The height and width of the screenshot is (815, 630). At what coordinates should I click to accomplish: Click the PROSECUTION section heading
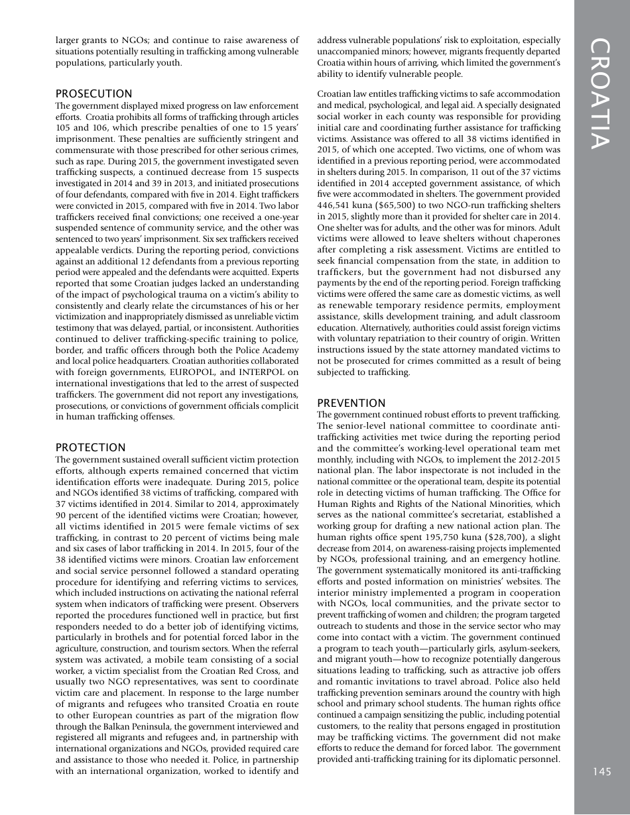click(x=94, y=94)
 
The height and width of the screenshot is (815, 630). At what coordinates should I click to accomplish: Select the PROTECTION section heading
click(x=90, y=448)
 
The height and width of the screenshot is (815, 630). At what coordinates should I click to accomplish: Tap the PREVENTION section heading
click(x=351, y=403)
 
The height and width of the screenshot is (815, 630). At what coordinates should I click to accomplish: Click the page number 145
click(x=602, y=771)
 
